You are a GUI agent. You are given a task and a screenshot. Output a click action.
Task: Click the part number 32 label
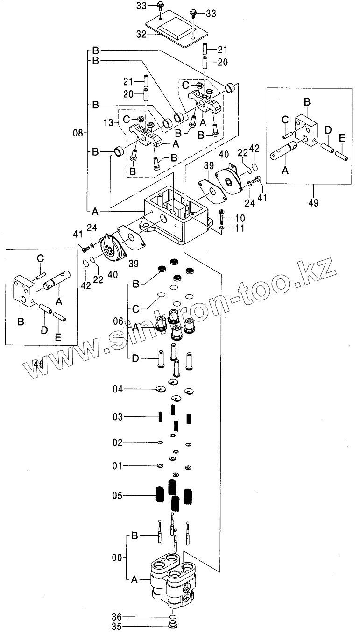(x=141, y=34)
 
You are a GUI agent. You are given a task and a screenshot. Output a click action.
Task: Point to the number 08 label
(x=79, y=133)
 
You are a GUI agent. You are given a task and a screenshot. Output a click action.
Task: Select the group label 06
(x=119, y=321)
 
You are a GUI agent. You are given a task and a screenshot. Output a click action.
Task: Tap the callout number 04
(x=118, y=389)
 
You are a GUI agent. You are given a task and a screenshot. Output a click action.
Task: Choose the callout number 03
(x=118, y=416)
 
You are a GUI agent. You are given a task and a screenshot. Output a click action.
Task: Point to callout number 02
(x=118, y=442)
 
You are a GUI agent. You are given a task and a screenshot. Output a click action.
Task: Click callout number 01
(x=118, y=466)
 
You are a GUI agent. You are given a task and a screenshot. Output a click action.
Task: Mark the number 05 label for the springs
(x=118, y=495)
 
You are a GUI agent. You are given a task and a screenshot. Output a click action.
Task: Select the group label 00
(x=118, y=557)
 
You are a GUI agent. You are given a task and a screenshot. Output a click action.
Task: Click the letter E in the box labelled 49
(x=342, y=138)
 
